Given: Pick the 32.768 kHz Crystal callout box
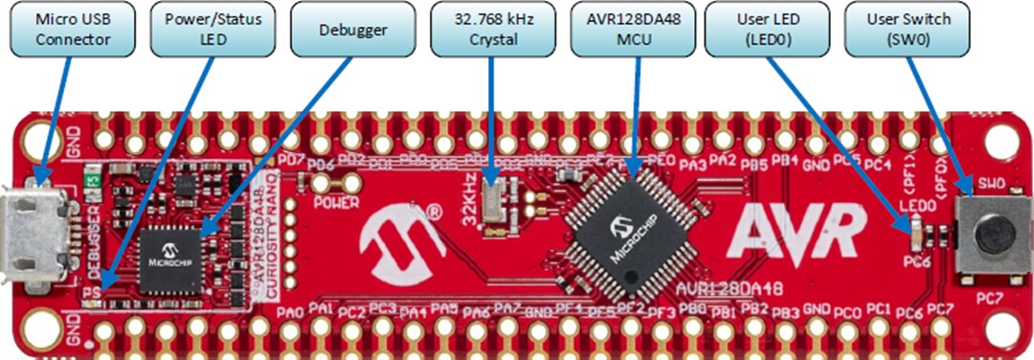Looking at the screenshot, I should [491, 30].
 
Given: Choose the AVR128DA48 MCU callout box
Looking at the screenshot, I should [632, 30].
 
